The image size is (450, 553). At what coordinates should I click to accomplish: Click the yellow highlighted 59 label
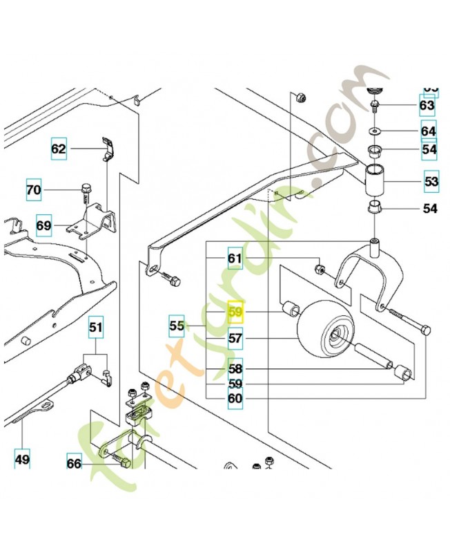[x=236, y=312]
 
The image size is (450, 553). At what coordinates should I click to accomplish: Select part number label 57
[x=236, y=339]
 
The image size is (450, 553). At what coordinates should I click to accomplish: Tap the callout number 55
[x=177, y=324]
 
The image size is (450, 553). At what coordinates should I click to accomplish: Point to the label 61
[x=236, y=259]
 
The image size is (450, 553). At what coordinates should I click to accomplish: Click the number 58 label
[x=236, y=369]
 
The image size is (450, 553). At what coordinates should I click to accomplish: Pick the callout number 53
[x=431, y=182]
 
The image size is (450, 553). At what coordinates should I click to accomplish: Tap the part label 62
[x=59, y=148]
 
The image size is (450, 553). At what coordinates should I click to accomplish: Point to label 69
[x=43, y=225]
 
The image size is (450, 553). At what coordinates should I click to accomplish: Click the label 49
[x=23, y=457]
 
